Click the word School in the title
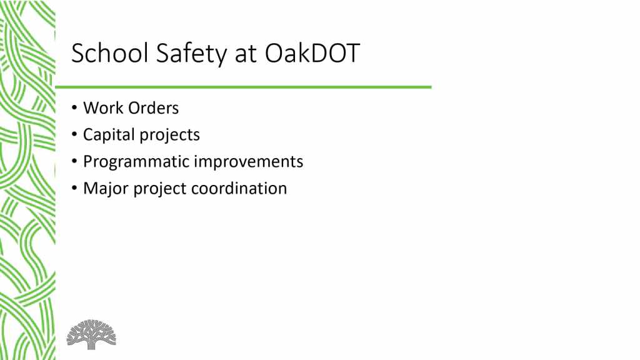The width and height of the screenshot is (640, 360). pyautogui.click(x=110, y=53)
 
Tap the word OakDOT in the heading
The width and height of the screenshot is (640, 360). pyautogui.click(x=312, y=53)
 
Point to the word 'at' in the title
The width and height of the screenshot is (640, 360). pyautogui.click(x=246, y=55)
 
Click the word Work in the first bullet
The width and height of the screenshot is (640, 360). pyautogui.click(x=103, y=108)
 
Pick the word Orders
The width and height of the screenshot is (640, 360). pyautogui.click(x=154, y=108)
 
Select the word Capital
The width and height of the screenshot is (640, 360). pyautogui.click(x=109, y=136)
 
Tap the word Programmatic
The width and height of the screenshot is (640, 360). pyautogui.click(x=136, y=162)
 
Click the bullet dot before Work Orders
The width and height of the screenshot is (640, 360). pyautogui.click(x=74, y=108)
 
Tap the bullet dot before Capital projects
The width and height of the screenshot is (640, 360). pyautogui.click(x=74, y=135)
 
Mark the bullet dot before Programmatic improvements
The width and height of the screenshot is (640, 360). pyautogui.click(x=74, y=162)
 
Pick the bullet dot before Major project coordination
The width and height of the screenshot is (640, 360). pyautogui.click(x=74, y=188)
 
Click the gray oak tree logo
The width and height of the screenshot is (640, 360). pyautogui.click(x=91, y=334)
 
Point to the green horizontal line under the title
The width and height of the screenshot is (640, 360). pyautogui.click(x=243, y=87)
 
